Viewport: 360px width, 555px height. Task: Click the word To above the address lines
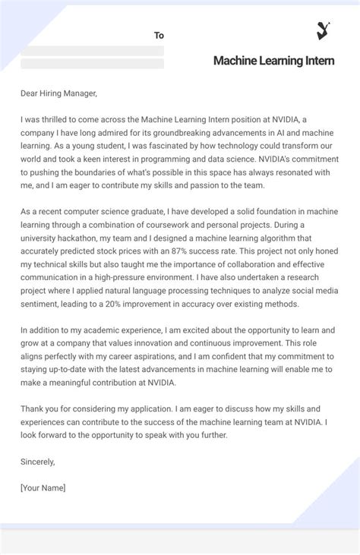(159, 36)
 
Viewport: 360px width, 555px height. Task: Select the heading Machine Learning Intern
(273, 61)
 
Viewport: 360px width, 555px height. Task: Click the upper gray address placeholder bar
(93, 51)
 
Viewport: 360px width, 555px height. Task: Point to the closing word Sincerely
(39, 461)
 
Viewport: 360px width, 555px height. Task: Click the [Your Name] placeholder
(43, 487)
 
